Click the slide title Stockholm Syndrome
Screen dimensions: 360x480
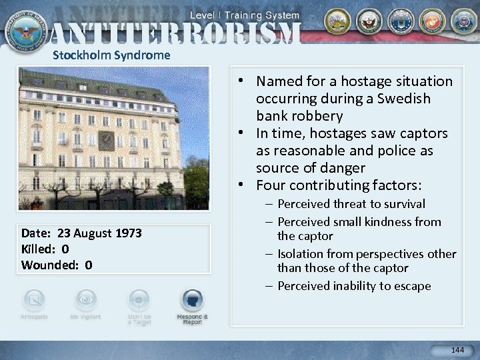tap(111, 55)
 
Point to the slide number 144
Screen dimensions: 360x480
tap(457, 350)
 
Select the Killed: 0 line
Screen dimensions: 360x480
tap(45, 249)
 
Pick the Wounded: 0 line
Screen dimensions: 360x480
tap(57, 265)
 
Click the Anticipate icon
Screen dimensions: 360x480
tap(33, 301)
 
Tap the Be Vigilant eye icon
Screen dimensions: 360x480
tap(85, 300)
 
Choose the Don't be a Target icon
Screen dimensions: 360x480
tap(139, 301)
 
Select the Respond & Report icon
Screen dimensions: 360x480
tap(192, 301)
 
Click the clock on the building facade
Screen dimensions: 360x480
tap(105, 141)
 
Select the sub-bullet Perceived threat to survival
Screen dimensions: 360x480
tap(351, 204)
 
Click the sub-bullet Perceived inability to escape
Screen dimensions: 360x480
tap(354, 286)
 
